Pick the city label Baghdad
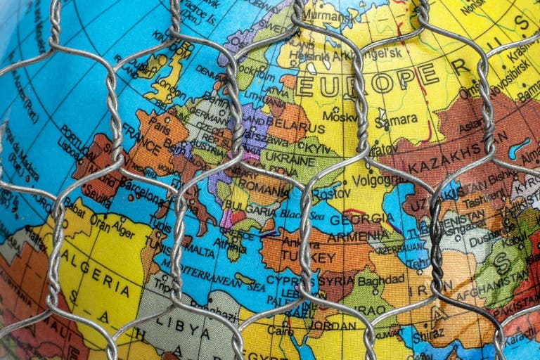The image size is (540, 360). click(380, 279)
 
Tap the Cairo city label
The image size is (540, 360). click(280, 330)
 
